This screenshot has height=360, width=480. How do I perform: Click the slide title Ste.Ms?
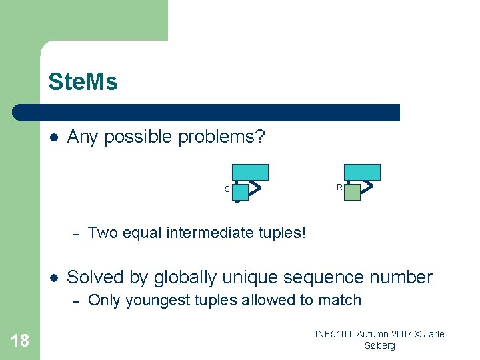click(83, 82)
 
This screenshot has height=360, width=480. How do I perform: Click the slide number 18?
click(20, 341)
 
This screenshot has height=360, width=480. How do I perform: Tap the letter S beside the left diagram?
click(227, 189)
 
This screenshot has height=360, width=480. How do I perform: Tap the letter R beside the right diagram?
click(339, 187)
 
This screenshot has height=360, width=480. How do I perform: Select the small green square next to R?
click(352, 192)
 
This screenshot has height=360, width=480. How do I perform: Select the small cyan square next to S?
click(240, 192)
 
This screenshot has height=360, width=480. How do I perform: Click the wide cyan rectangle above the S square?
click(250, 172)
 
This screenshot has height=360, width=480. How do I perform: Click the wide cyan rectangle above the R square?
click(362, 172)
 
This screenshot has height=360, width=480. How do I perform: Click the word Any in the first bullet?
click(83, 137)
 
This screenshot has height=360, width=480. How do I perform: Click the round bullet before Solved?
click(54, 277)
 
